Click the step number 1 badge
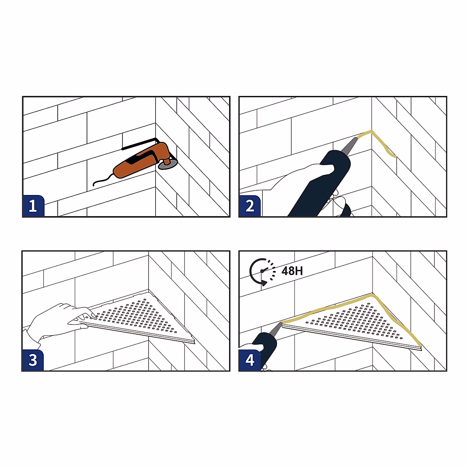33,206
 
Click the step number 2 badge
250,206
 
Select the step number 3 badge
33,360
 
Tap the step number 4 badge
250,360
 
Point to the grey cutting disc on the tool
168,165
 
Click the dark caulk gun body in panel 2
321,182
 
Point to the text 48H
292,271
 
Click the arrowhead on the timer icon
264,283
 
